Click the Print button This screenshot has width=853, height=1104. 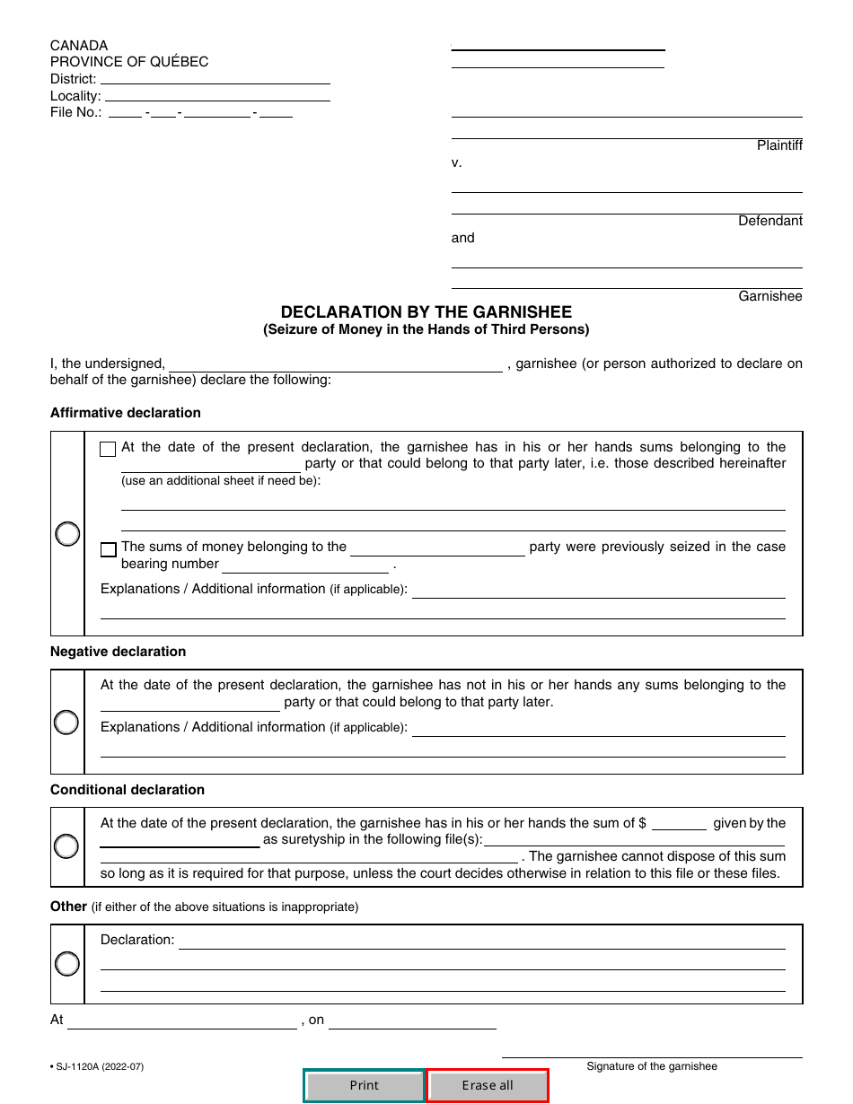[x=364, y=1085]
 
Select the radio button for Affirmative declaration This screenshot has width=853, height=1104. [x=67, y=534]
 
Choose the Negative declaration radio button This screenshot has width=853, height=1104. [x=66, y=722]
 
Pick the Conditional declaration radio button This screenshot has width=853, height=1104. [x=66, y=846]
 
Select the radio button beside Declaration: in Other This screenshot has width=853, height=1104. [x=66, y=964]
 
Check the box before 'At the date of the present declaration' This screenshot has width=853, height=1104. [x=108, y=449]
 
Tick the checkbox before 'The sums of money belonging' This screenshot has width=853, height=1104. [x=108, y=549]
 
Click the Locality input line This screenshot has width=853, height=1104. [x=217, y=95]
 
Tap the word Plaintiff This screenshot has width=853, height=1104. [x=779, y=145]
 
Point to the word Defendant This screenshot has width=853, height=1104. [x=770, y=221]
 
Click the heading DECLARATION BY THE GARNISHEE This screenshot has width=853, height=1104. [x=426, y=312]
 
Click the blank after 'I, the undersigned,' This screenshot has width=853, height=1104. [x=336, y=364]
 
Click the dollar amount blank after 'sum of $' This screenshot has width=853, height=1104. [x=679, y=824]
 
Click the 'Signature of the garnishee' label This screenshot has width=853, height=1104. [x=652, y=1066]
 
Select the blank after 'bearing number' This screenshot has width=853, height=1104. [x=304, y=565]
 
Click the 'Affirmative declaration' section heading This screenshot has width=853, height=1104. [x=126, y=413]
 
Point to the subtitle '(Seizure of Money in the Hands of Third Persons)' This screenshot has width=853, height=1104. [x=426, y=329]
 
